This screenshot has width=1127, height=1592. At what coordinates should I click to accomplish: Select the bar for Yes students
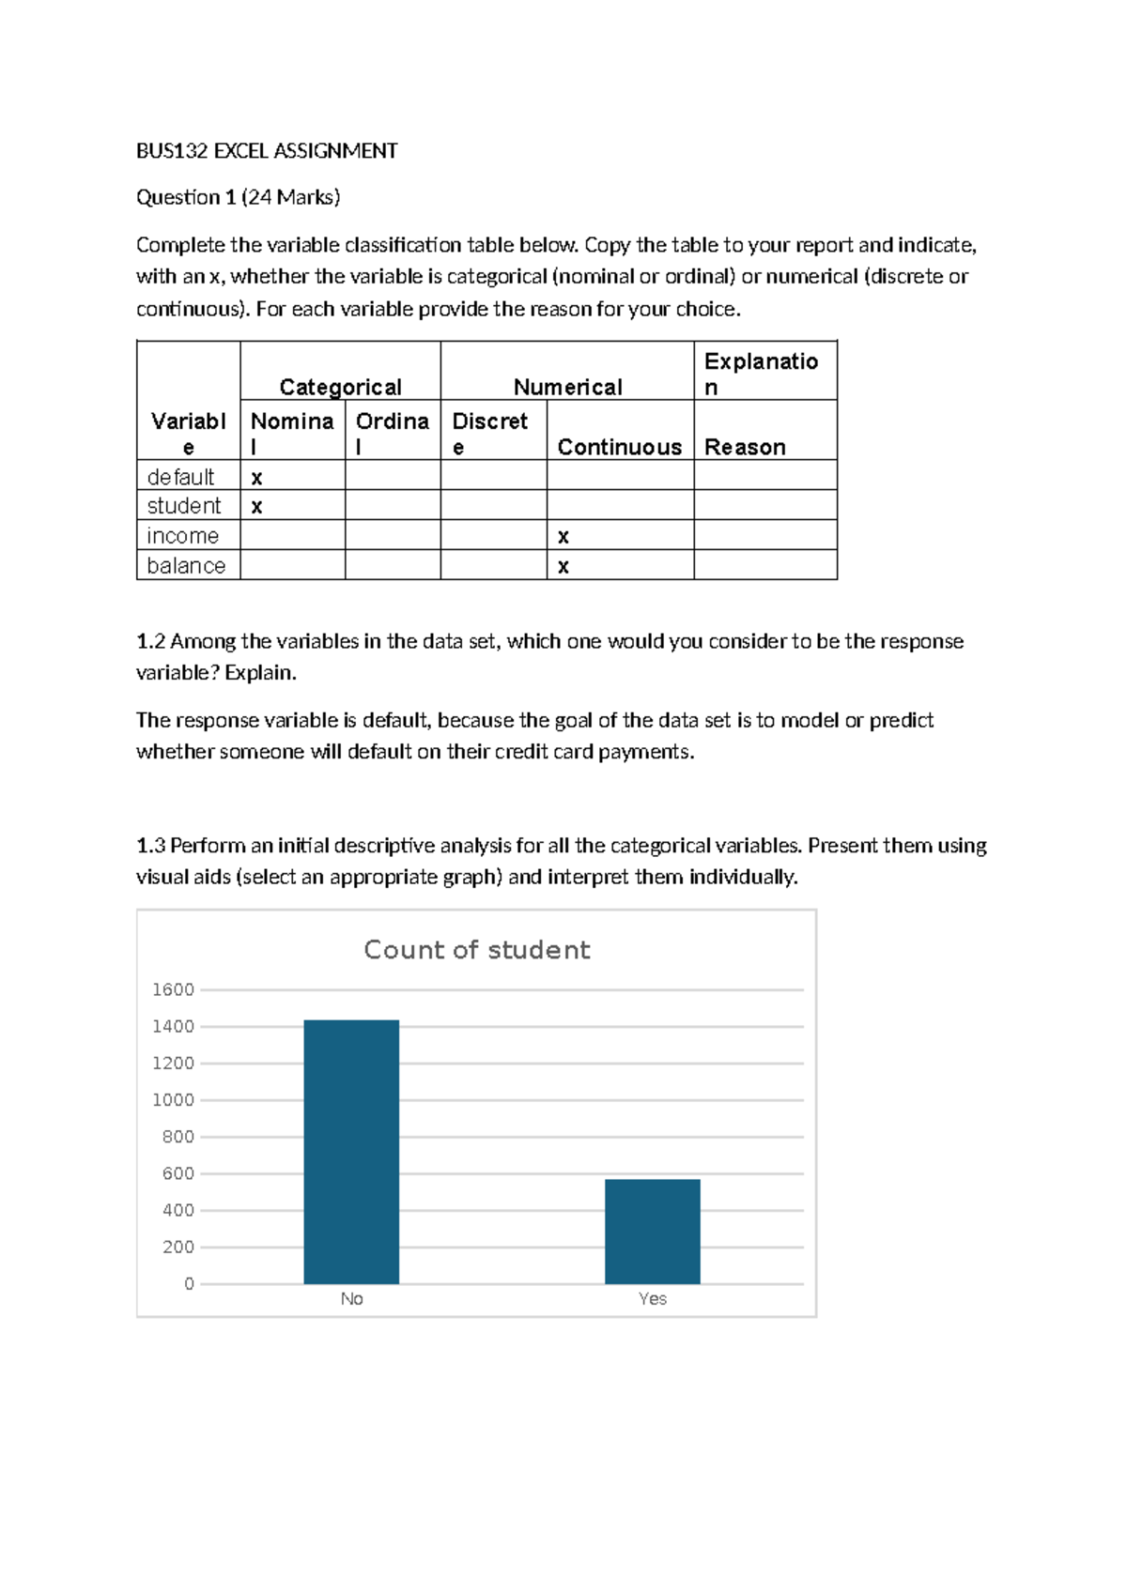pos(652,1231)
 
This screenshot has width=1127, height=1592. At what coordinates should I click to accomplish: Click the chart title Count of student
pos(476,950)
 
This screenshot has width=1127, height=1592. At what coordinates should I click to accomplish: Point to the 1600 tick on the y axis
pos(173,989)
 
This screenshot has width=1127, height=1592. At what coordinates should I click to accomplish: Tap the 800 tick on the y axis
pos(178,1137)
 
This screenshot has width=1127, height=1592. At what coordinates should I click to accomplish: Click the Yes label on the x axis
pos(652,1298)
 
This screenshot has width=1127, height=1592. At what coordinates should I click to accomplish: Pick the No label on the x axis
pos(351,1298)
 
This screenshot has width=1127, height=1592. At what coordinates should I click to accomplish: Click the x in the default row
pos(256,477)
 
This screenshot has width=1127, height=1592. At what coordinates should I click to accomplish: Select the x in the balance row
pos(563,566)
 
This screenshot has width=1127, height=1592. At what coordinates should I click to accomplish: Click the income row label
pos(183,536)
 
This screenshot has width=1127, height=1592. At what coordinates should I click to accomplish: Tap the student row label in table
pos(184,506)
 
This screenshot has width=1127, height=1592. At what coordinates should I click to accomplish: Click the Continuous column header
pos(619,447)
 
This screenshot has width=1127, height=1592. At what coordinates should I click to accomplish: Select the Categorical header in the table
pos(340,387)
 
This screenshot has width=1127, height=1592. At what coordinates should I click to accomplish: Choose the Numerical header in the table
pos(567,387)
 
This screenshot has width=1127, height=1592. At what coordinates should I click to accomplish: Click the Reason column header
pos(745,447)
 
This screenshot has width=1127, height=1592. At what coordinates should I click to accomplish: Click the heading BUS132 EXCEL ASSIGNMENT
pos(267,151)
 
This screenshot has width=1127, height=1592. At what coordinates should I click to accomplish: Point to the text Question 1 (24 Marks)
pos(238,197)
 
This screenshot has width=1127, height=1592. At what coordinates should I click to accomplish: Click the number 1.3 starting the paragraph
pos(150,846)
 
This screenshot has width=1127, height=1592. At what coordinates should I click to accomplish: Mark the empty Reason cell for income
pos(764,535)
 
